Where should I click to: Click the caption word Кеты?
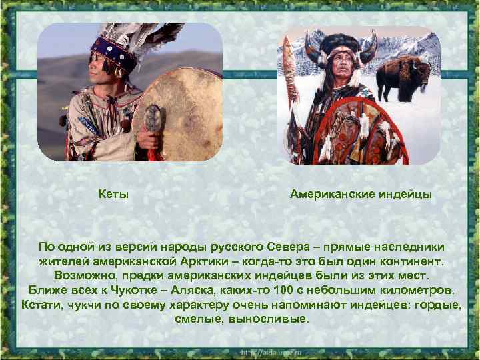(113, 195)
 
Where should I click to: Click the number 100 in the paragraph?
(307, 290)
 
